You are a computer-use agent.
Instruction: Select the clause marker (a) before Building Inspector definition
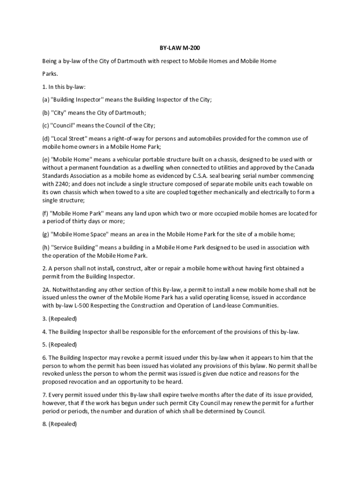tap(45, 100)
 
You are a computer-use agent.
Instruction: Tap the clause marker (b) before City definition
tap(45, 113)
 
